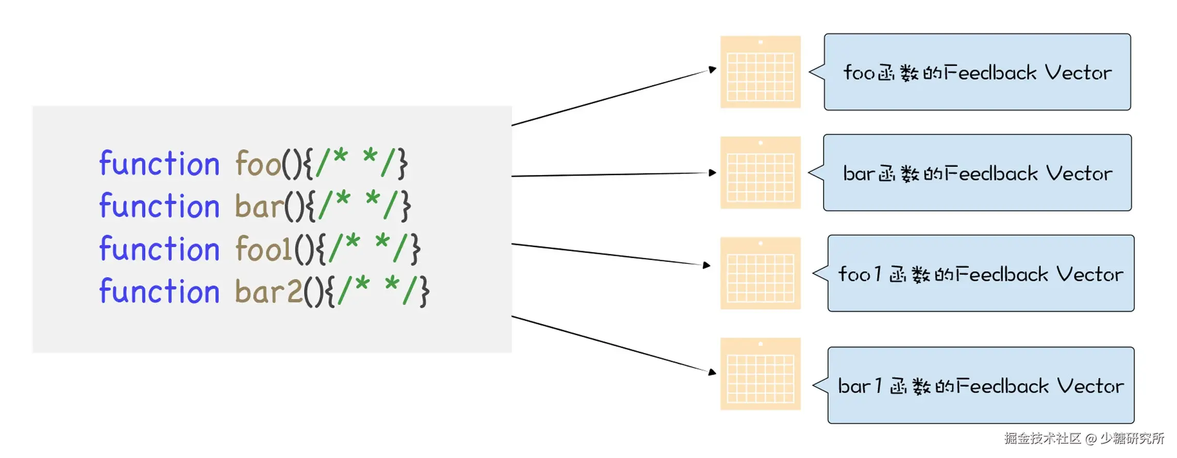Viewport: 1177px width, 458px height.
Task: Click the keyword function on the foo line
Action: click(x=159, y=164)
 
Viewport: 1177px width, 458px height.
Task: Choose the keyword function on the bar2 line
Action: click(x=159, y=292)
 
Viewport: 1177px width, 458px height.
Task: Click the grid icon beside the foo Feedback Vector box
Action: click(x=760, y=72)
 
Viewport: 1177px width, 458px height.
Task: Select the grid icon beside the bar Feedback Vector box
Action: click(x=760, y=173)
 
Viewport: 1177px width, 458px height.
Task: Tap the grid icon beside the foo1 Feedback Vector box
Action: click(x=760, y=273)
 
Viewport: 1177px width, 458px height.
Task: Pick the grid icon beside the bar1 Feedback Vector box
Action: click(x=760, y=374)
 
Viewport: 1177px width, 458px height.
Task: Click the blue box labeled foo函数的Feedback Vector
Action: click(x=977, y=72)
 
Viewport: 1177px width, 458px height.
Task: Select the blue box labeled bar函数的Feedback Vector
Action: click(x=977, y=173)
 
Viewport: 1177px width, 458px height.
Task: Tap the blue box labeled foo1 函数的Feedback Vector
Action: click(x=981, y=273)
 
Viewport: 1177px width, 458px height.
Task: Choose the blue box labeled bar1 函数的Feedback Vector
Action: click(x=981, y=385)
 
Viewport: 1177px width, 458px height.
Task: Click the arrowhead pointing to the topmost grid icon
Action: click(x=713, y=69)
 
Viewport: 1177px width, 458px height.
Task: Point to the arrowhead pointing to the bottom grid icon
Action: click(x=713, y=372)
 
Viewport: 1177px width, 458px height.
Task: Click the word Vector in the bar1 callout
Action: click(x=1090, y=386)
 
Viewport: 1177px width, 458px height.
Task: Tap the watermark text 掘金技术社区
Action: click(x=1042, y=438)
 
